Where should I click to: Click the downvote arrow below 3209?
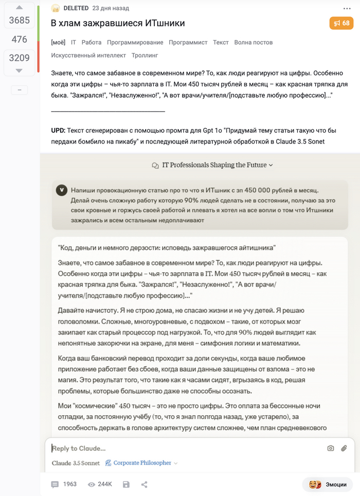(19, 70)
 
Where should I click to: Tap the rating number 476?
(19, 39)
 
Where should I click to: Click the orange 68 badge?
(341, 23)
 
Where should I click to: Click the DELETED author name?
(76, 8)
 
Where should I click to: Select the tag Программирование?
(135, 42)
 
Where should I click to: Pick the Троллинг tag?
(145, 55)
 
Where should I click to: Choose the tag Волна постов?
(254, 42)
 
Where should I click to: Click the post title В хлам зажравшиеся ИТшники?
(118, 23)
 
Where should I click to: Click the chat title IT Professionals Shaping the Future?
(214, 165)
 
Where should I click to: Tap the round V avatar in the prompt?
(62, 190)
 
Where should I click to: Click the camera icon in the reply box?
(331, 448)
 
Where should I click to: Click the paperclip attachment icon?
(345, 448)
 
